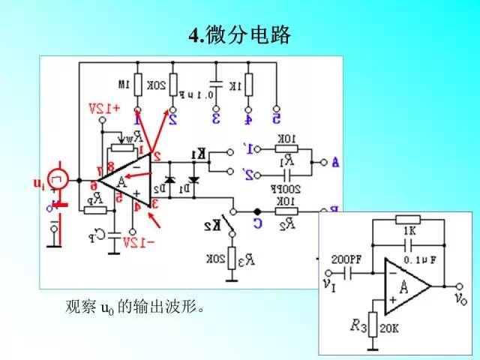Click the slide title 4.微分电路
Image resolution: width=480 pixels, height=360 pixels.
tap(239, 35)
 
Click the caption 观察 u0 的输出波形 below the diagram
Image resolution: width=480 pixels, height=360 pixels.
tap(135, 307)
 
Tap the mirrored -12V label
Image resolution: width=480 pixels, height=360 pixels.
tap(138, 241)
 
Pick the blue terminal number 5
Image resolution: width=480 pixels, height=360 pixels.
tap(277, 118)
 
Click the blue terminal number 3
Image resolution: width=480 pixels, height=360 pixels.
tap(215, 118)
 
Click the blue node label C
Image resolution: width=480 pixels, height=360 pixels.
tap(256, 223)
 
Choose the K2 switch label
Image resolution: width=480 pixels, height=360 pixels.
tap(213, 225)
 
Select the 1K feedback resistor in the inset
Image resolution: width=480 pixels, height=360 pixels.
tap(409, 220)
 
